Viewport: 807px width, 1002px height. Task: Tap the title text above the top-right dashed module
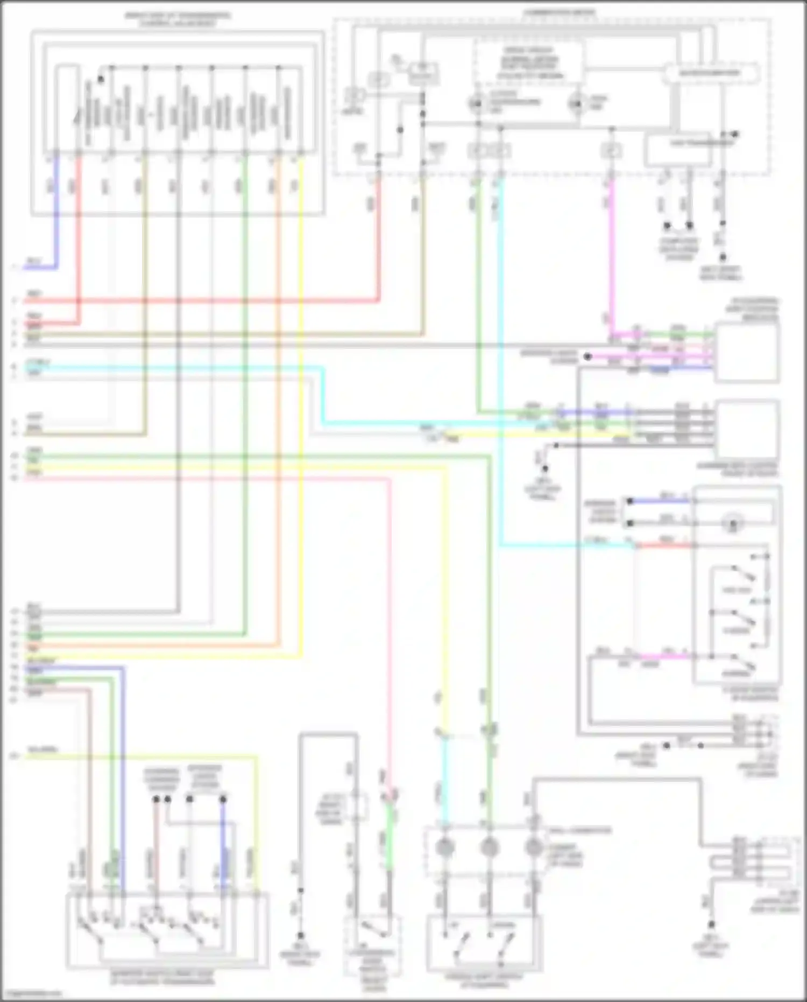pos(560,12)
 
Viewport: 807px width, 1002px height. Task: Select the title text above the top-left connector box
pos(178,19)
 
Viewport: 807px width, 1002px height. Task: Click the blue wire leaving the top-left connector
pos(56,215)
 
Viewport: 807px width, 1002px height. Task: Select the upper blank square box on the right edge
pos(747,353)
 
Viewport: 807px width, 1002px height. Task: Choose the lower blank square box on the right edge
pos(747,429)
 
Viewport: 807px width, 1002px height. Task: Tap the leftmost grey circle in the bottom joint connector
pos(445,847)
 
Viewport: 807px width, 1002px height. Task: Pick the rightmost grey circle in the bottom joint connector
pos(533,847)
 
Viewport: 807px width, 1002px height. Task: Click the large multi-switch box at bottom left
pos(167,930)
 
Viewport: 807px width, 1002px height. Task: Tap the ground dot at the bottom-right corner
pos(711,924)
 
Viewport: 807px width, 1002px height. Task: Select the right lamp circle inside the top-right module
pos(577,102)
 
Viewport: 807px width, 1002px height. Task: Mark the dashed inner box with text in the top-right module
pos(528,63)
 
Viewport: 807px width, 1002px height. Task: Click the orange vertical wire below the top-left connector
pos(279,377)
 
